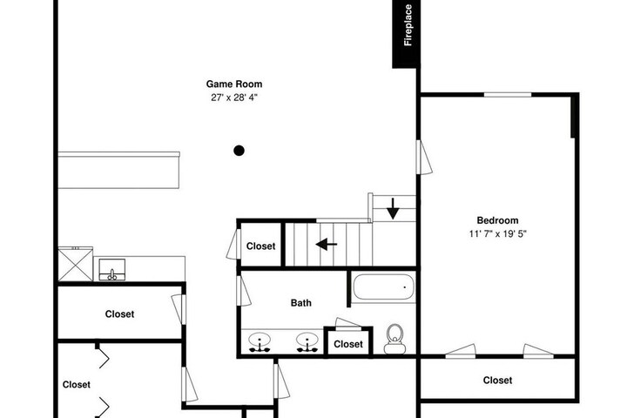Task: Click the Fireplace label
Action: pos(408,25)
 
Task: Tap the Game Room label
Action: pos(234,84)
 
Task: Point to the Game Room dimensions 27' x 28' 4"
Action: pos(234,98)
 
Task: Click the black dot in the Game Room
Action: pos(239,151)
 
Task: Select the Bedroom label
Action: pos(497,220)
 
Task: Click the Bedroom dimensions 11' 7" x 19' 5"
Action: pos(498,233)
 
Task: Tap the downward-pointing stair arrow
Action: pos(393,209)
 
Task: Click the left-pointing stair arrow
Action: pos(327,244)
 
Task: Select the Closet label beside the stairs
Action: pos(260,246)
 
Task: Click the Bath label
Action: pos(300,303)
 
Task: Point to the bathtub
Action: pos(384,287)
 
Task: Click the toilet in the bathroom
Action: pos(394,340)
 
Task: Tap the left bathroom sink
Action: pos(260,342)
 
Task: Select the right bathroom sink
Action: pos(307,342)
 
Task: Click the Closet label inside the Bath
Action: pos(348,344)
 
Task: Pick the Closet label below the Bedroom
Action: pos(497,380)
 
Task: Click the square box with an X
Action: pos(76,264)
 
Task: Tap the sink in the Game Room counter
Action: pos(112,270)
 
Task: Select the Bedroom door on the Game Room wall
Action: pos(424,158)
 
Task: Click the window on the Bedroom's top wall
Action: pos(508,95)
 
